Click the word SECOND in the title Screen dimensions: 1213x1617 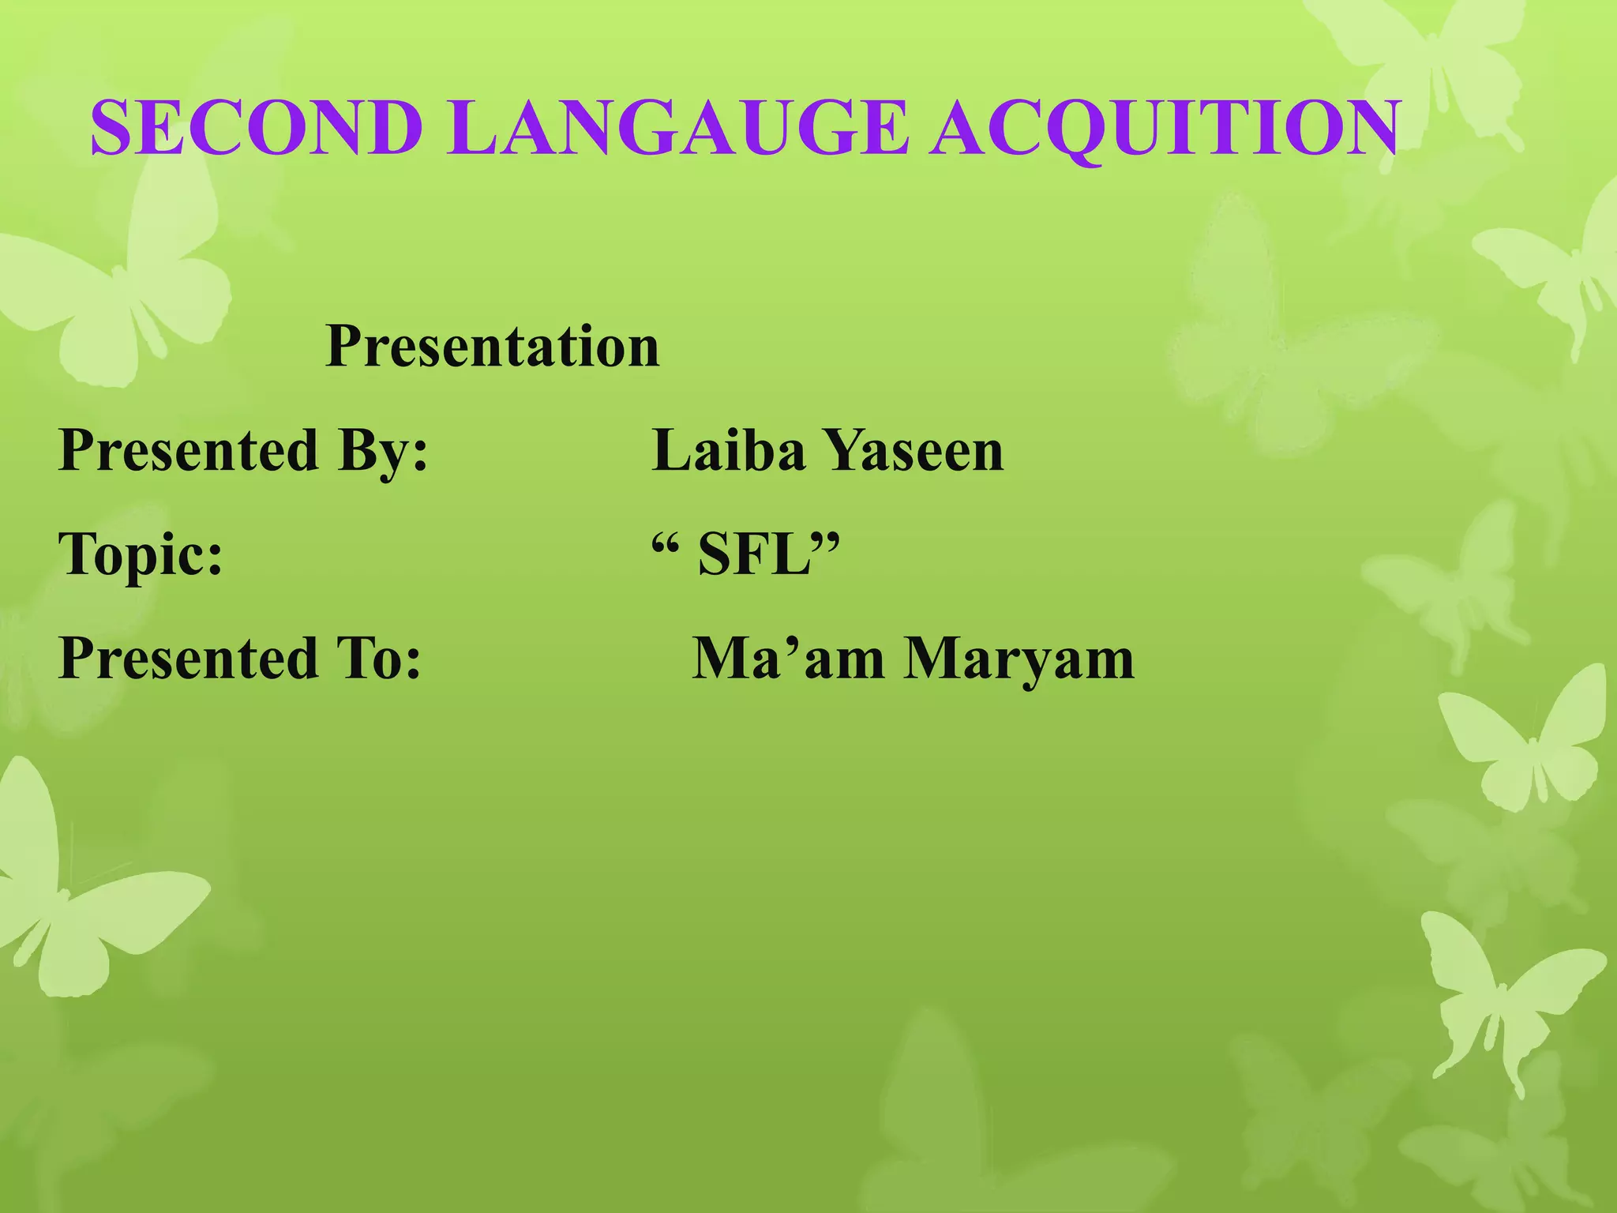pyautogui.click(x=257, y=128)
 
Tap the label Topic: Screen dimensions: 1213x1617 pyautogui.click(x=141, y=555)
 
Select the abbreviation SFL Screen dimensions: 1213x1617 pyautogui.click(x=755, y=555)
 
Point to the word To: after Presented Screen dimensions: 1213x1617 pyautogui.click(x=379, y=659)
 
